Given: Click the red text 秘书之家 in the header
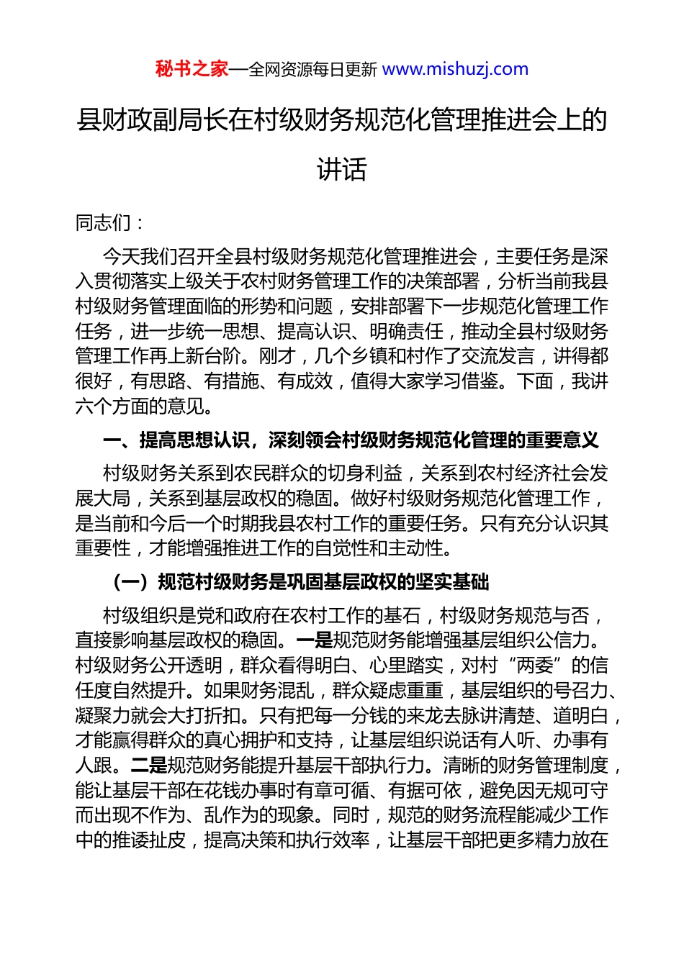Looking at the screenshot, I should point(192,69).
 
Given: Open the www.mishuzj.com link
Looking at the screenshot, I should point(455,69).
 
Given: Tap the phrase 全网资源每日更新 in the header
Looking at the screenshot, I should point(312,70).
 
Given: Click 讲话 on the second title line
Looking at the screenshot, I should point(342,169).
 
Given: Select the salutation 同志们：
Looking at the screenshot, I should point(110,223).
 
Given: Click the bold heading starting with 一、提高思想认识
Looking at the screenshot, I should point(351,440).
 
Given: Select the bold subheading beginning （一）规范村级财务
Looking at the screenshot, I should point(301,581).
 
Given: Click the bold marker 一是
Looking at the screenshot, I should point(315,640).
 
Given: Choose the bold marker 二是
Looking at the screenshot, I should point(148,765).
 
